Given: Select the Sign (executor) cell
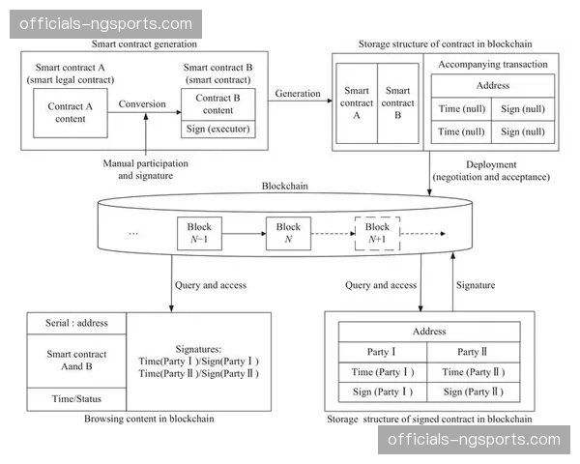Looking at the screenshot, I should (x=217, y=129).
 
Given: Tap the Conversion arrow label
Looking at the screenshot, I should (x=143, y=103).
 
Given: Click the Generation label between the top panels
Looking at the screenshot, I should (x=298, y=93).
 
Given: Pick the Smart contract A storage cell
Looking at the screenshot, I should (x=356, y=102).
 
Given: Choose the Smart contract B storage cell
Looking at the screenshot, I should (x=397, y=102).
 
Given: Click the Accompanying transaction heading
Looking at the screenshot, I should (x=493, y=65).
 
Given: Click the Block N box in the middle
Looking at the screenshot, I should (x=289, y=233).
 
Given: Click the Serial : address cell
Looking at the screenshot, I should (x=76, y=323).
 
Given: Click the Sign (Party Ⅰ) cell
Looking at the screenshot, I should (x=384, y=391).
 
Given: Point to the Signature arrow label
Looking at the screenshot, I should (x=475, y=285).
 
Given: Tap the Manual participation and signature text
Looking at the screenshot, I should (x=146, y=169).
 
